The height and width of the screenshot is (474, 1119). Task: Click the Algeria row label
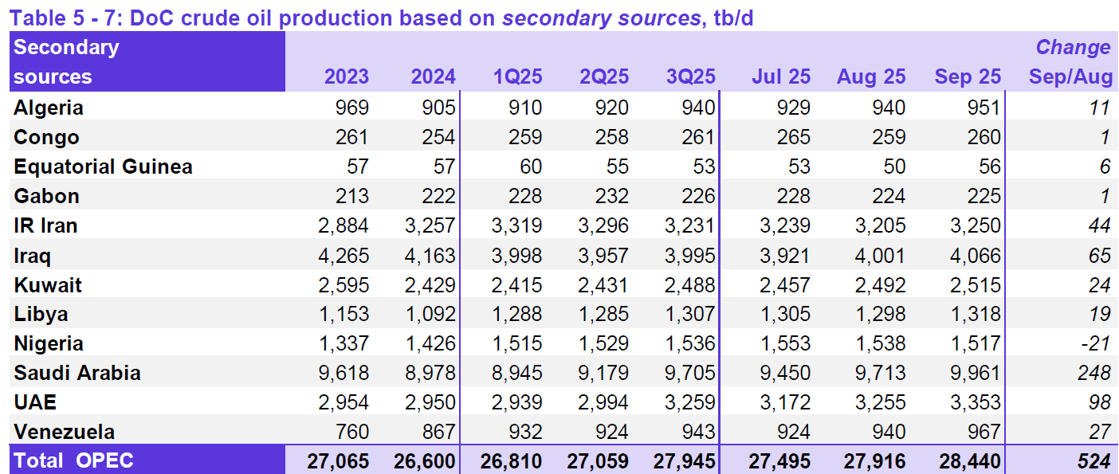[49, 108]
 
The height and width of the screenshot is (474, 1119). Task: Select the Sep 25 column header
[967, 76]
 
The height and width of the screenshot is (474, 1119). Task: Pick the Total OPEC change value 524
[1093, 460]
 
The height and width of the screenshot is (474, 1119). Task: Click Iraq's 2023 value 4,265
[344, 256]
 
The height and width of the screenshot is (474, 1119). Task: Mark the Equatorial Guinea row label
[103, 166]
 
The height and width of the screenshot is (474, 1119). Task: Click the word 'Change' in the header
[1073, 47]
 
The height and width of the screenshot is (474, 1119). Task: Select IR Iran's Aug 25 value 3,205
[879, 225]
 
